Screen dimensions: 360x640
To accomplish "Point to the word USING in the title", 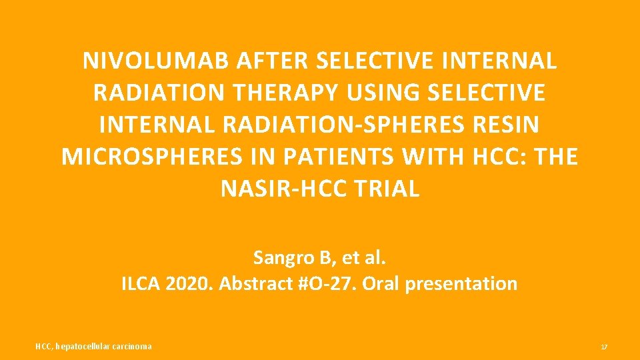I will tap(379, 93).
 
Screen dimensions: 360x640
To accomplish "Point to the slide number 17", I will tap(604, 347).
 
